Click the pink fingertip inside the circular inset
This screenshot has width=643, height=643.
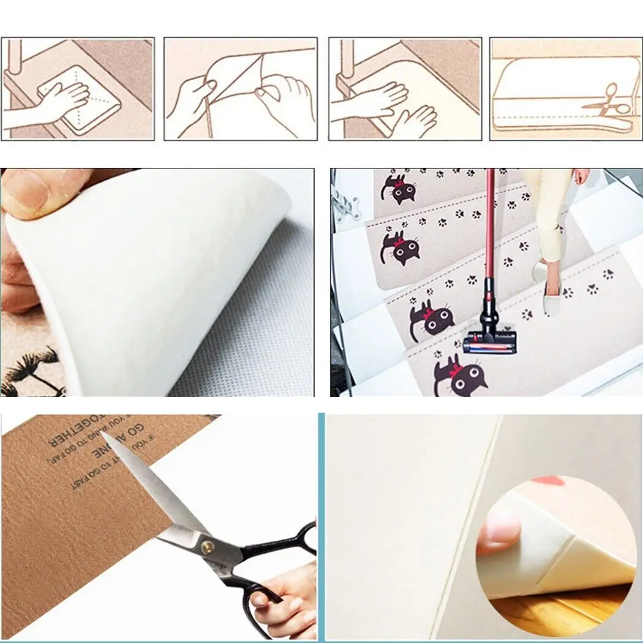pos(499,530)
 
